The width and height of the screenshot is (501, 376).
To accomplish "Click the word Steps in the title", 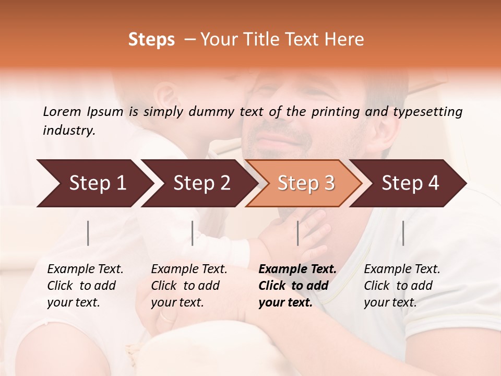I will (x=151, y=40).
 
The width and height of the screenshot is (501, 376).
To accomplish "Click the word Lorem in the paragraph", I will (x=62, y=112).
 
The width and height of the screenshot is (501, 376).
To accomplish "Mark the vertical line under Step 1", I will (x=88, y=233).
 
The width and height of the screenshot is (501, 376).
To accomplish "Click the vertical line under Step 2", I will (x=193, y=233).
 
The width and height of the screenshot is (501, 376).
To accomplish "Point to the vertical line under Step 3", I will (x=298, y=233).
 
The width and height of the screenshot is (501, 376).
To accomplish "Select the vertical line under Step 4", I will (x=403, y=233).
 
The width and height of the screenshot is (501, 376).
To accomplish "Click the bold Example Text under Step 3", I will (x=297, y=269).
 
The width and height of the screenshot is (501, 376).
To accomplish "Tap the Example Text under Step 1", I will (x=85, y=269).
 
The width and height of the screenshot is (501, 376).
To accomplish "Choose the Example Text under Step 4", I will (x=402, y=269).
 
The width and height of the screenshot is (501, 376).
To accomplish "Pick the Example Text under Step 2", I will (x=189, y=269).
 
